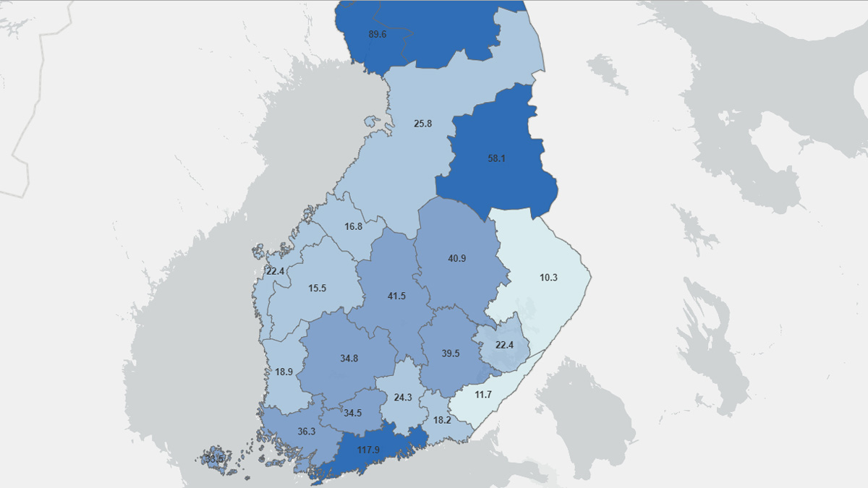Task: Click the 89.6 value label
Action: [377, 34]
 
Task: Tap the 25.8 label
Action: [422, 124]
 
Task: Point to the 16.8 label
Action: [353, 226]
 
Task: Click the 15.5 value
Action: [317, 288]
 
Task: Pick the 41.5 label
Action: [396, 296]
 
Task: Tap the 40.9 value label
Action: [457, 258]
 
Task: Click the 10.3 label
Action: [548, 277]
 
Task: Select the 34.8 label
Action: [349, 358]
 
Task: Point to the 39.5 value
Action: [450, 353]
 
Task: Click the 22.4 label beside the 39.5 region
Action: [504, 345]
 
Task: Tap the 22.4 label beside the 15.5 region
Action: [276, 271]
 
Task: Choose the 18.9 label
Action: [284, 372]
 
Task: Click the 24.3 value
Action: [403, 397]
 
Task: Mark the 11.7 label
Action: [482, 394]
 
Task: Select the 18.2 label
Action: [442, 420]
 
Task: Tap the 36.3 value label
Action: [306, 432]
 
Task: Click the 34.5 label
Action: [352, 413]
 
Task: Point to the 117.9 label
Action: [369, 450]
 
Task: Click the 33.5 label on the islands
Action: [214, 458]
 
